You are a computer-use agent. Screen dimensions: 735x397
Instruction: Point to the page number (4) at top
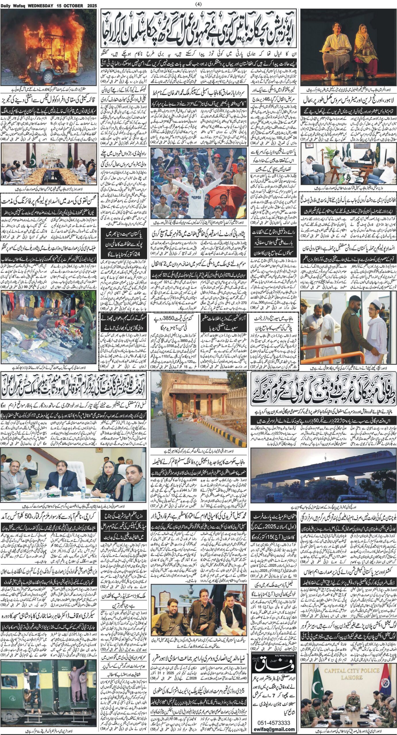198,4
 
